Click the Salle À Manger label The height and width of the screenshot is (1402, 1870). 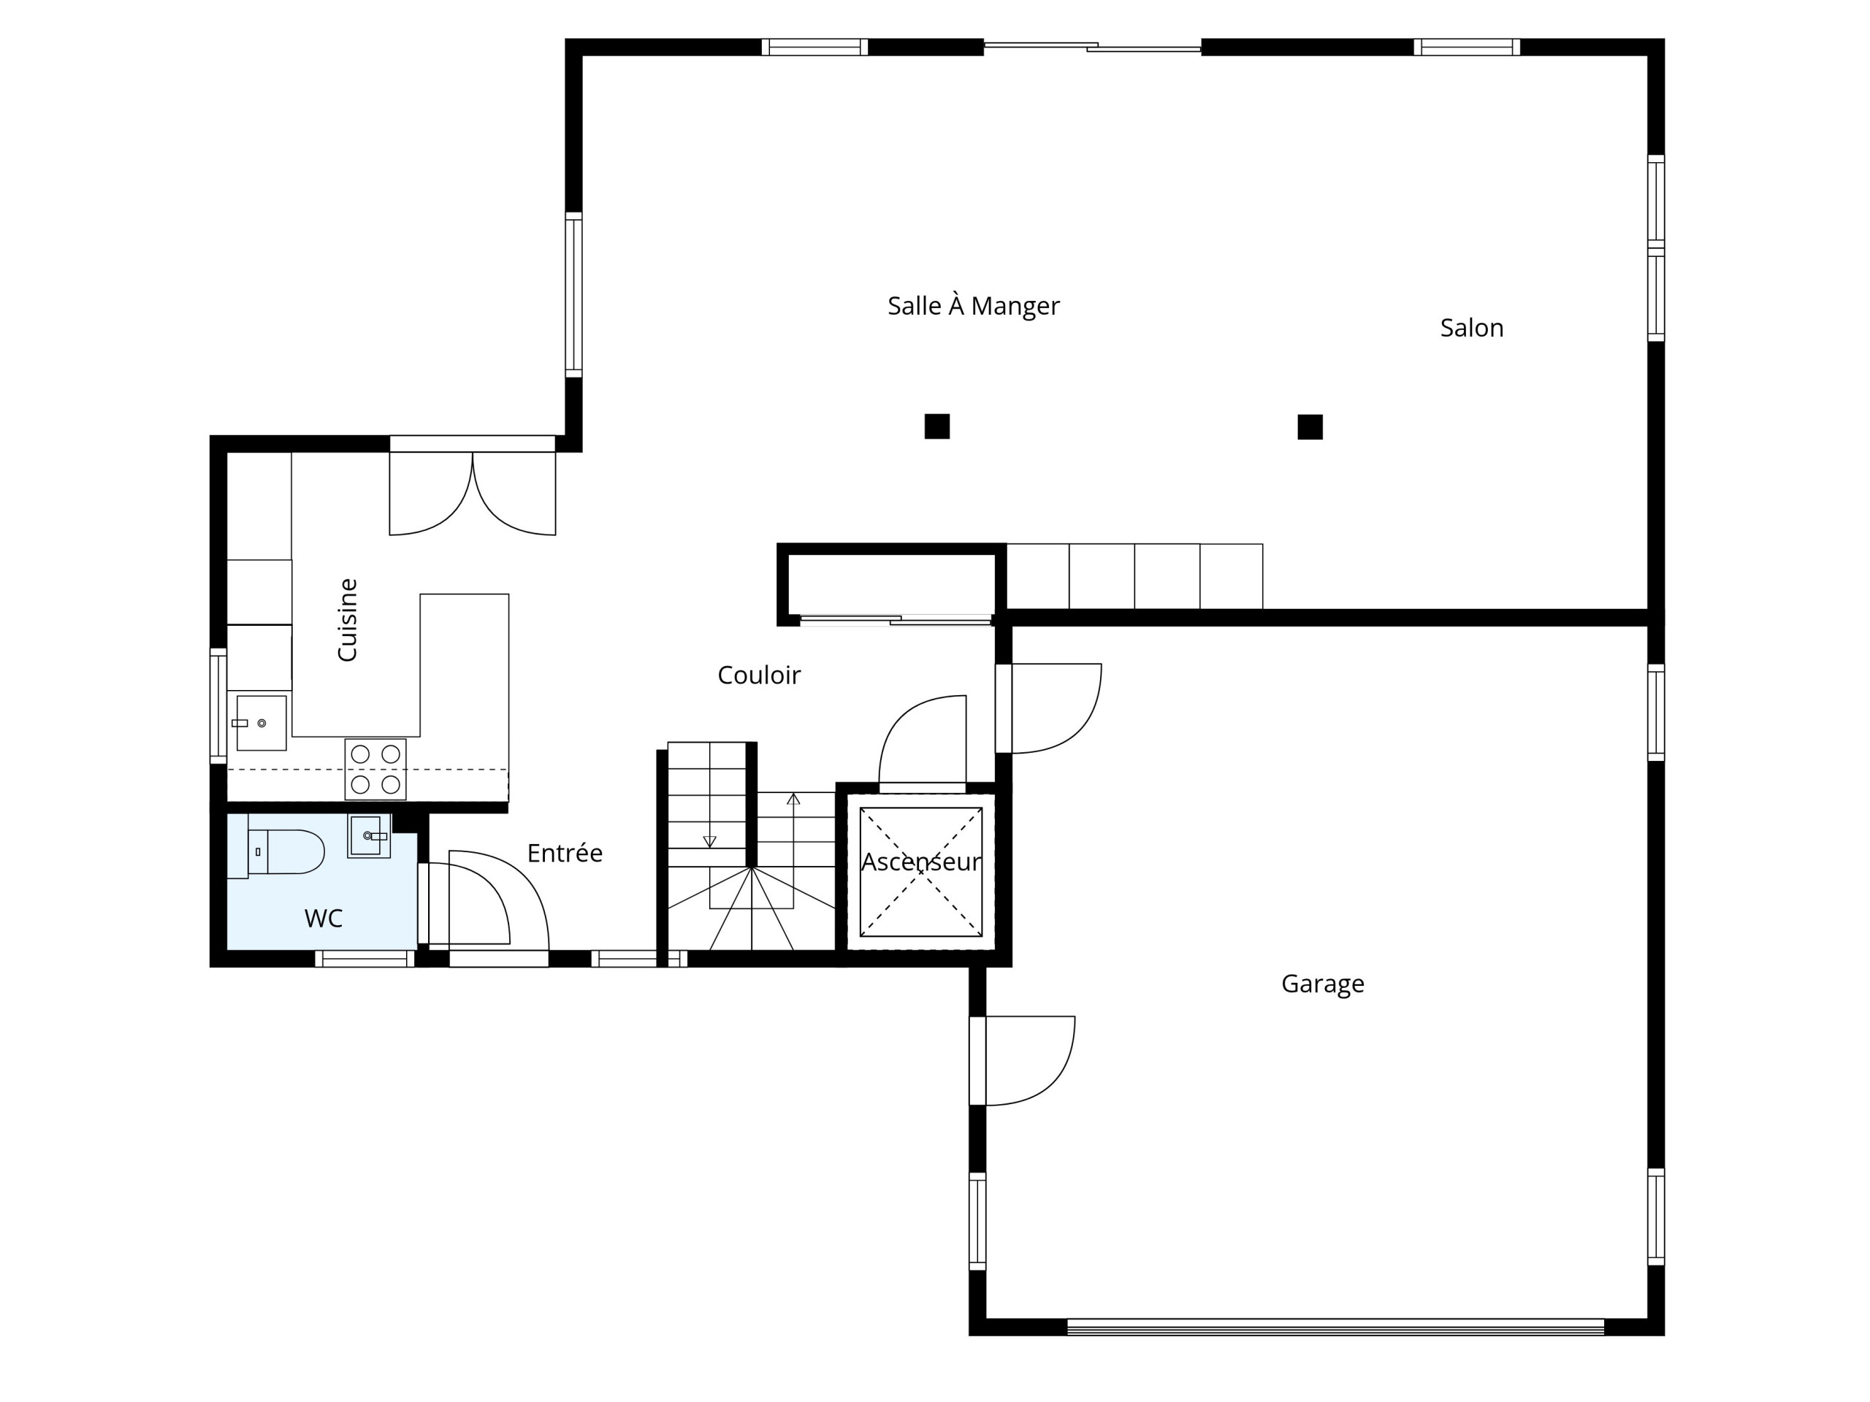973,305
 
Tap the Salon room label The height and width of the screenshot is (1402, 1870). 1472,328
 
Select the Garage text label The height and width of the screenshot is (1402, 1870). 1323,984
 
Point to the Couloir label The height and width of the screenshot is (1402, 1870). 758,675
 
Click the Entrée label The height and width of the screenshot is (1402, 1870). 565,854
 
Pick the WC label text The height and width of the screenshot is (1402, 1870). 323,919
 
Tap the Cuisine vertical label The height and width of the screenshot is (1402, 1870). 348,619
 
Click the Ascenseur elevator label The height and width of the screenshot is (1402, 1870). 921,862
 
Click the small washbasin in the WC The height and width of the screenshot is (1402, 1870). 369,837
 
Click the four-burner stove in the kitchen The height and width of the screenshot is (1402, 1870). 375,769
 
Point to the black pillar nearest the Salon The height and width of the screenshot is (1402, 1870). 1310,426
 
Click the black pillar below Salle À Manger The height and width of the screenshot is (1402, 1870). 936,426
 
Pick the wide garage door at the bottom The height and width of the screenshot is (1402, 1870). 1336,1327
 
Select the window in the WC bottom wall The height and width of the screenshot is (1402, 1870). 365,958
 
